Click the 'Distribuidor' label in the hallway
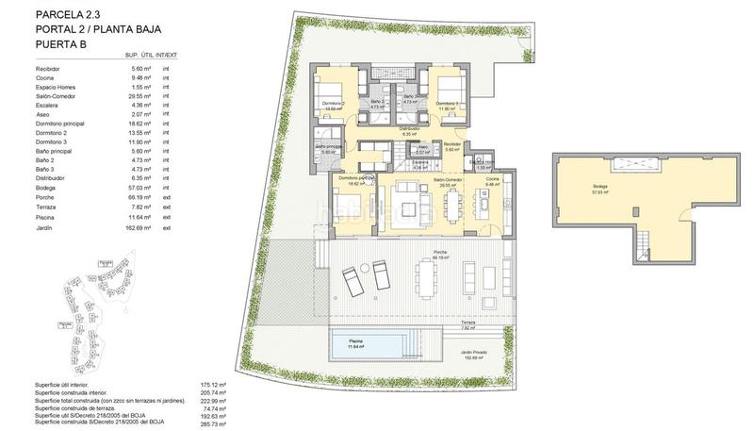(x=408, y=128)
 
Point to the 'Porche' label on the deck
(x=439, y=252)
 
